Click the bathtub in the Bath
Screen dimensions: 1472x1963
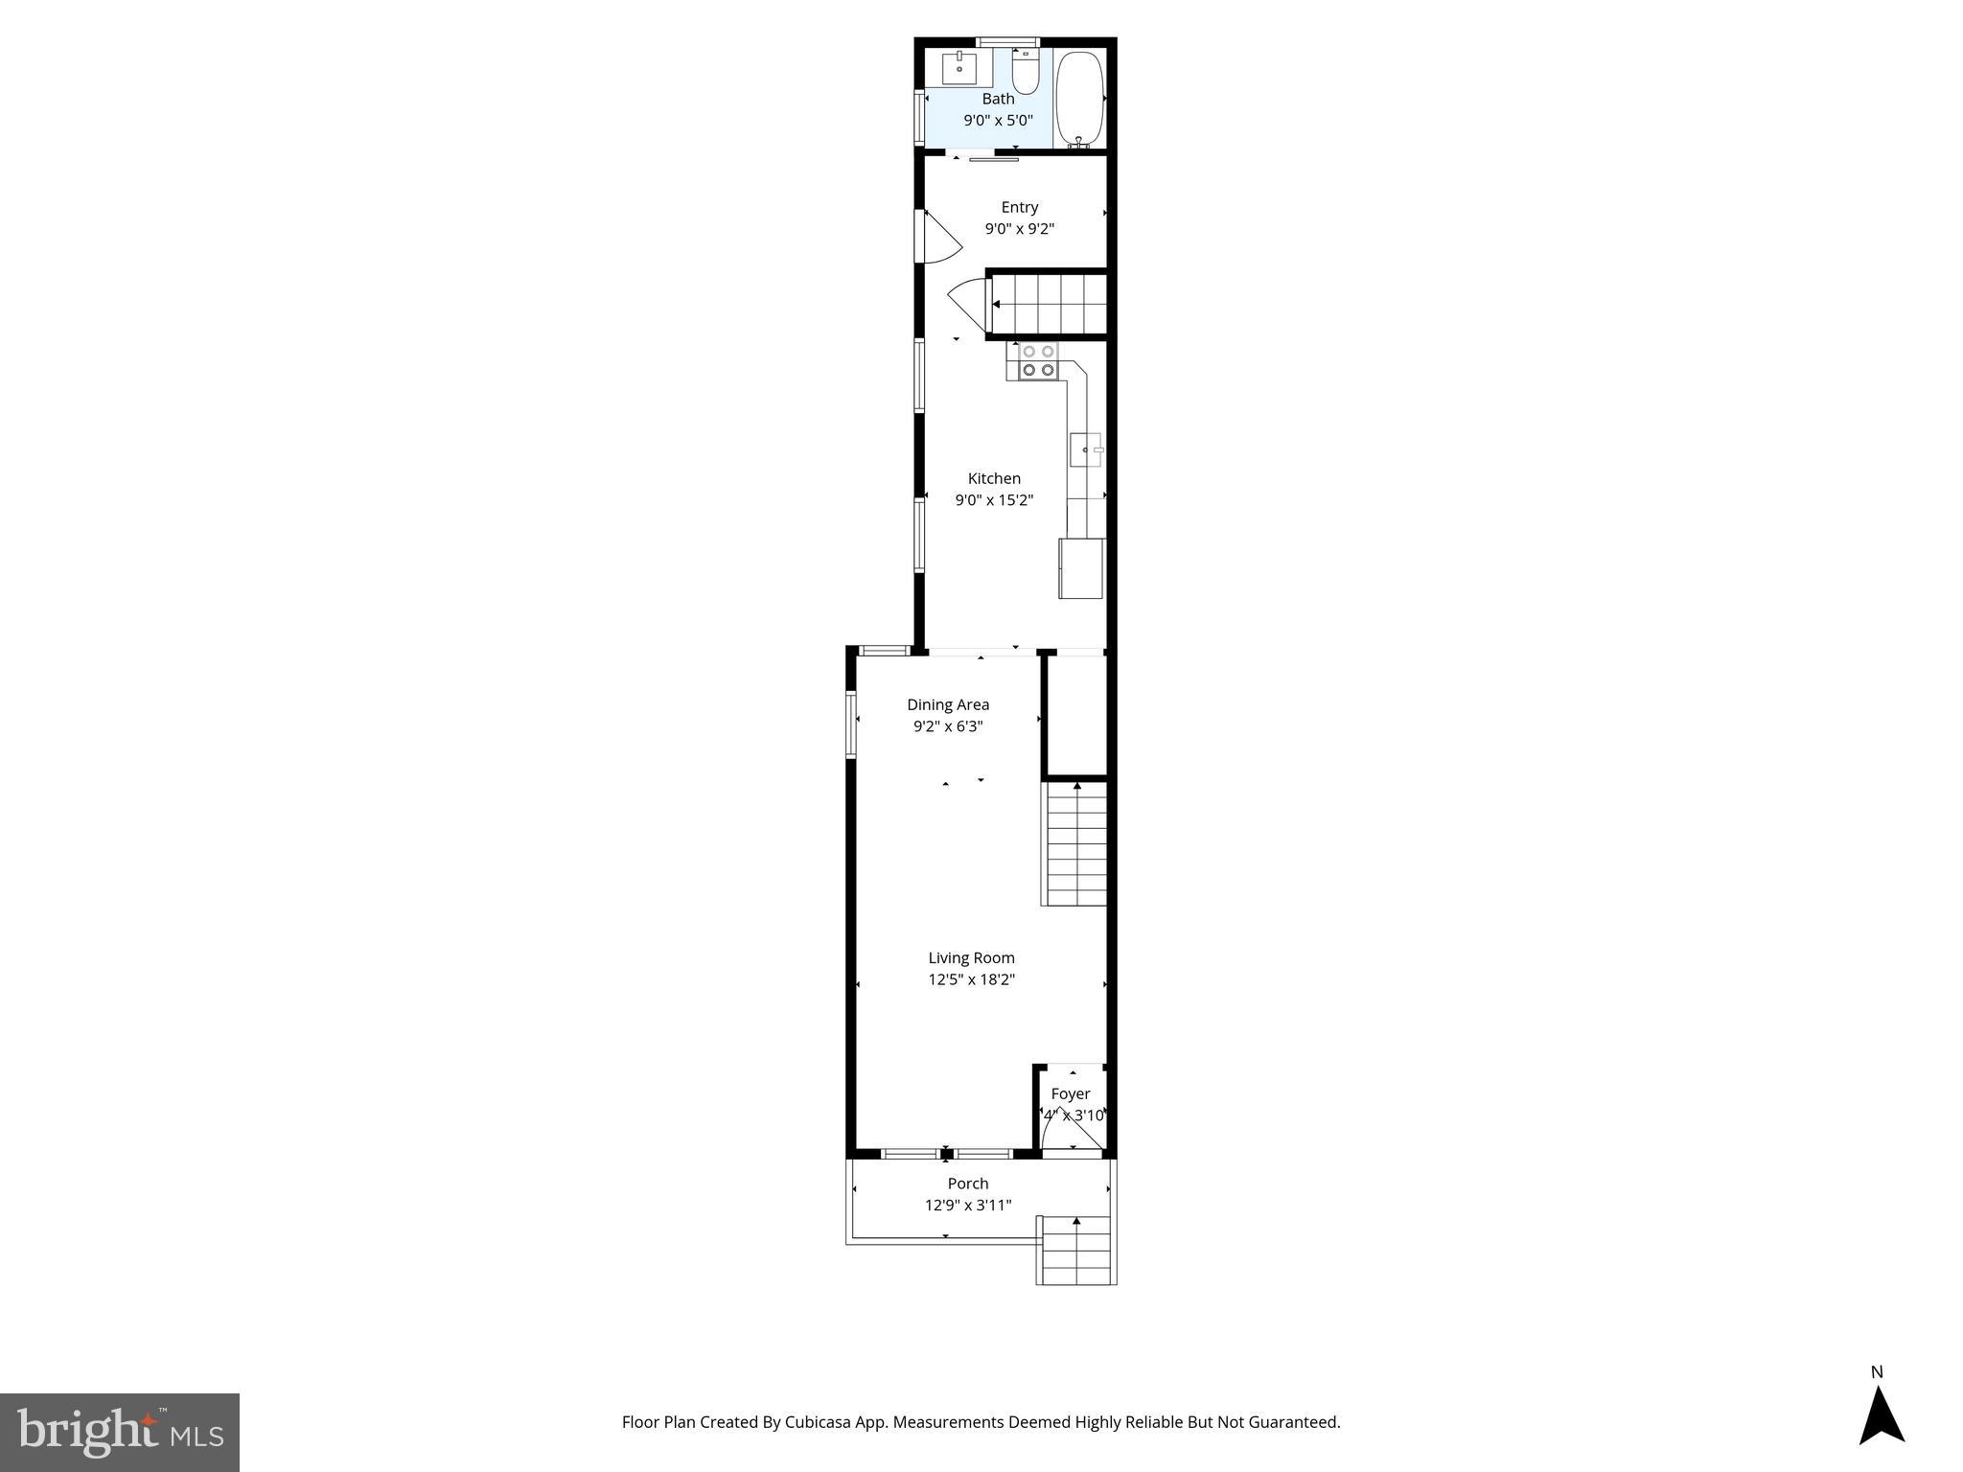coord(1080,98)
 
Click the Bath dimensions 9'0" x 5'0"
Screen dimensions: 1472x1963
coord(998,121)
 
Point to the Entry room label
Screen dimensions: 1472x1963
coord(1019,207)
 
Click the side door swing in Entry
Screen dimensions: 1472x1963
coord(940,238)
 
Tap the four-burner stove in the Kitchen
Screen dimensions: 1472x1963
coord(1037,361)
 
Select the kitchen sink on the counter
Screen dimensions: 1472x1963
coord(1086,449)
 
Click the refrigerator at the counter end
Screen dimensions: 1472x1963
coord(1080,568)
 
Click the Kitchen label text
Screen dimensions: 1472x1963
coord(994,478)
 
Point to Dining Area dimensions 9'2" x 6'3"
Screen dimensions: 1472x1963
coord(948,726)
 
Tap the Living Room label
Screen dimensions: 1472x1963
coord(971,957)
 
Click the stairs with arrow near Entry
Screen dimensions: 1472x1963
coord(1048,305)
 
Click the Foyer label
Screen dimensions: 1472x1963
coord(1071,1093)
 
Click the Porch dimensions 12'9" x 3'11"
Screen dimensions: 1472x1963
coord(968,1206)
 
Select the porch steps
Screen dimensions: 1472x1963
coord(1077,1251)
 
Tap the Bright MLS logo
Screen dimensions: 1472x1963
coord(120,1433)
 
